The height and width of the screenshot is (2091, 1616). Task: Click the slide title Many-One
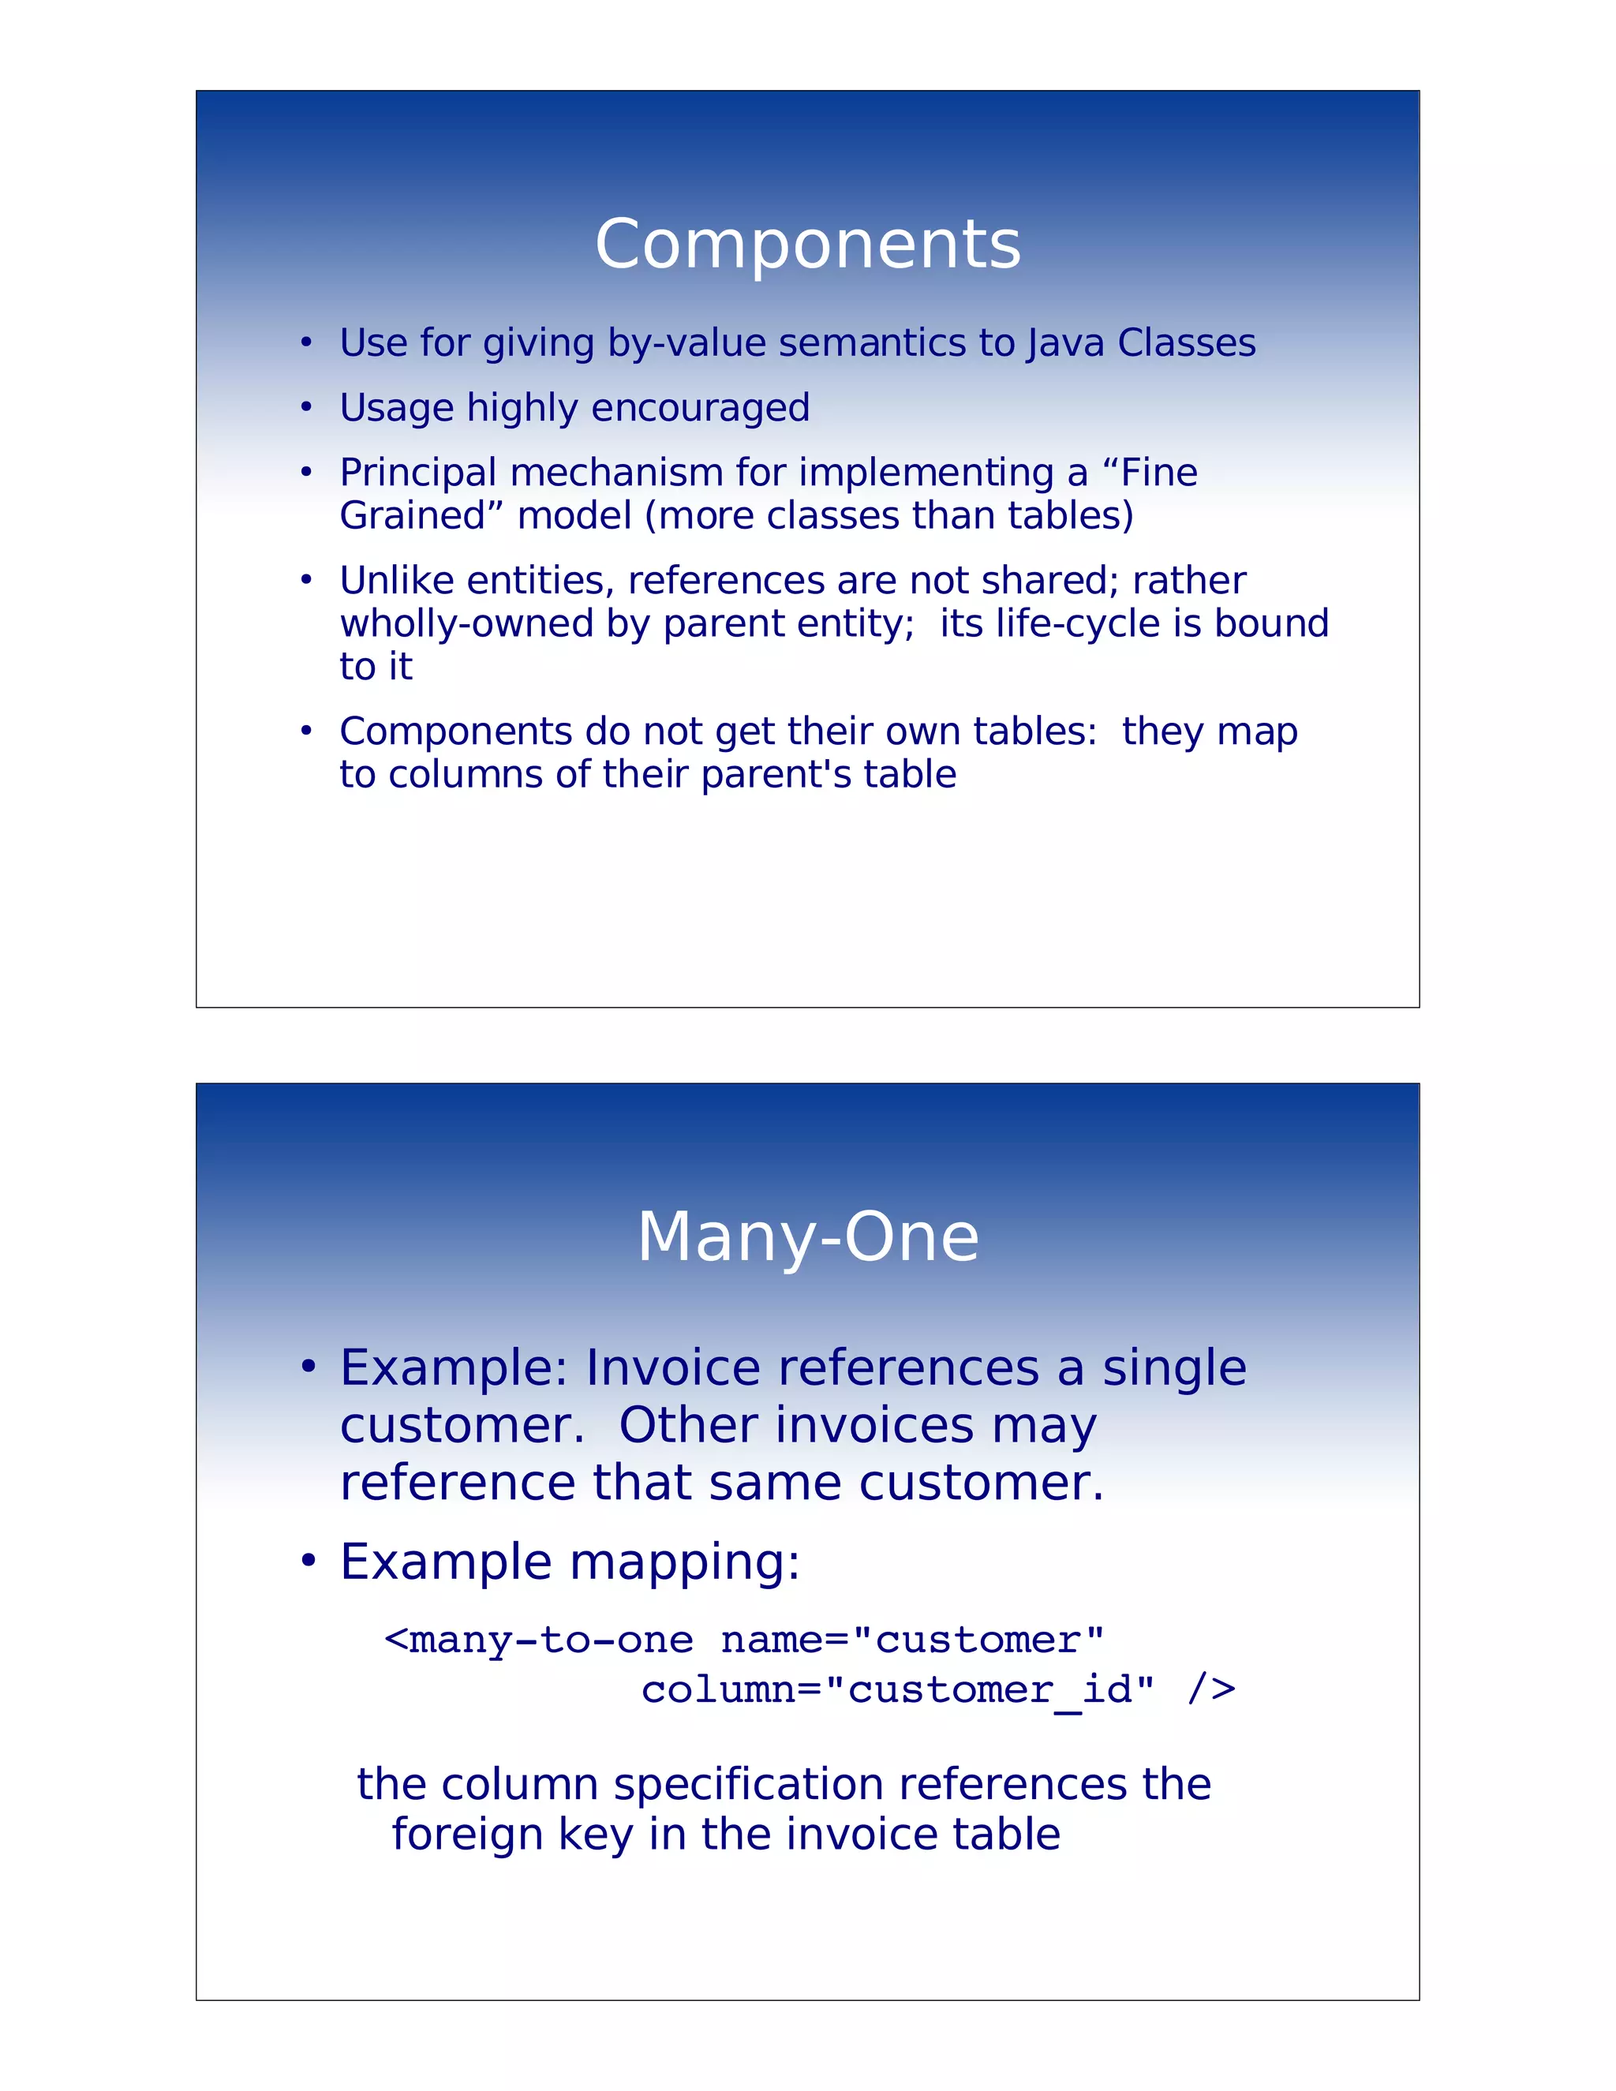(807, 1237)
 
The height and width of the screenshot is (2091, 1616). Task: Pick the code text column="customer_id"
(897, 1690)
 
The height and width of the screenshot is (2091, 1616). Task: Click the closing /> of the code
(1210, 1690)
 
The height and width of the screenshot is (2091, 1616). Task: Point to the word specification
(749, 1785)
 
